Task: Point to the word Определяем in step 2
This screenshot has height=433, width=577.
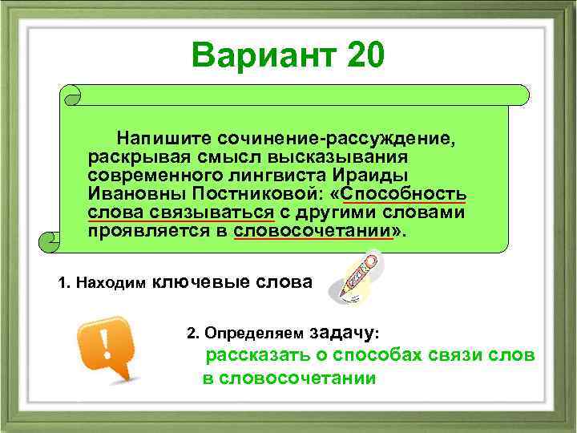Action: coord(255,331)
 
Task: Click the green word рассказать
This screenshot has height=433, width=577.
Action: coord(252,355)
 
